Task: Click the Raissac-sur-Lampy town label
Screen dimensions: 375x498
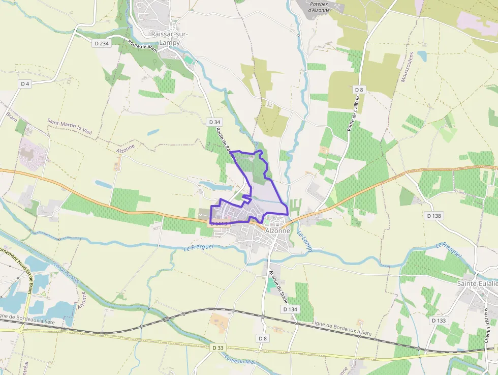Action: (170, 38)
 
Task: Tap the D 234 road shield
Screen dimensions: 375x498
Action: (102, 44)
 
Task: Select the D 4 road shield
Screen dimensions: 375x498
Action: (25, 83)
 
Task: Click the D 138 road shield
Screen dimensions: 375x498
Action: (434, 216)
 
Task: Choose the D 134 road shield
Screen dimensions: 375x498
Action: (290, 309)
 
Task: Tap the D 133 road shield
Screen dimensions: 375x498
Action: (439, 321)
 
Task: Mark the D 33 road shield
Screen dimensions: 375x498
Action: (217, 348)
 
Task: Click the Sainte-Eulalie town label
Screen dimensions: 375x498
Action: (477, 283)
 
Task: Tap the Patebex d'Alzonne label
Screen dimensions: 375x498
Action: (319, 7)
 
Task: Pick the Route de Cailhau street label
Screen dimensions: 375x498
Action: (354, 116)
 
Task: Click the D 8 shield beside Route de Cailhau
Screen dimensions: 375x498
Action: (360, 90)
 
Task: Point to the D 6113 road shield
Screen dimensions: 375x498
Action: (219, 223)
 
